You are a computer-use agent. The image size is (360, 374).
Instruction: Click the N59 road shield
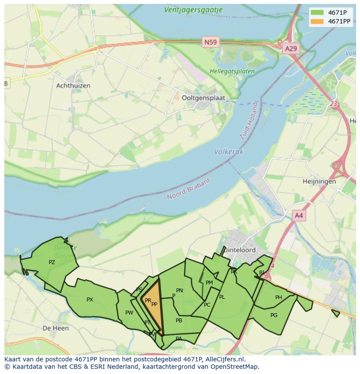click(210, 42)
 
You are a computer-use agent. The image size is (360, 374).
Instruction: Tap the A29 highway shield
click(290, 48)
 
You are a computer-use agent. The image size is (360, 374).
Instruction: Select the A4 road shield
click(299, 215)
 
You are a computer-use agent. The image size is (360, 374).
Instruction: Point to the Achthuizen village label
click(73, 86)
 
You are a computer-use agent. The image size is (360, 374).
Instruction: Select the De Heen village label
click(56, 328)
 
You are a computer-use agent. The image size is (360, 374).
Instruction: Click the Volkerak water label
click(229, 152)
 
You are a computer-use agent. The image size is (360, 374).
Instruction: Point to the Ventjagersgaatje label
click(193, 10)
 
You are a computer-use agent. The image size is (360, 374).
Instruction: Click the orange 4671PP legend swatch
click(317, 21)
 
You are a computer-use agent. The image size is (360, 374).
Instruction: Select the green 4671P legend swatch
click(317, 12)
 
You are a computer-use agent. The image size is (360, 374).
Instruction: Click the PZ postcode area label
click(52, 262)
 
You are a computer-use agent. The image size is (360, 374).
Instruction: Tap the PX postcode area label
click(90, 300)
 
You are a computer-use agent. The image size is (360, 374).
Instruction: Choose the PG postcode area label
click(273, 315)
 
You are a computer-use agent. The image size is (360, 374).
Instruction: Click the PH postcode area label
click(278, 298)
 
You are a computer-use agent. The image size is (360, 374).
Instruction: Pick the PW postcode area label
click(129, 313)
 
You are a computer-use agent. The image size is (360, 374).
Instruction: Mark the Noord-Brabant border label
click(189, 189)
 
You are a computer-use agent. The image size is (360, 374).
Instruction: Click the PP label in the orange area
click(154, 304)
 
